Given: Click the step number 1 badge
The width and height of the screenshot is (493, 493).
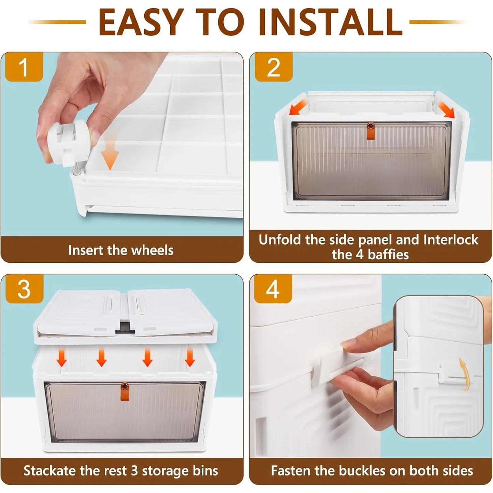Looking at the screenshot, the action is click(x=24, y=67).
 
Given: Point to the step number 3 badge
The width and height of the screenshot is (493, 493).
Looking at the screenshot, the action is click(x=24, y=289).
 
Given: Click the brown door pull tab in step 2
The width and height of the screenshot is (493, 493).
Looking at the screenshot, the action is click(x=370, y=131).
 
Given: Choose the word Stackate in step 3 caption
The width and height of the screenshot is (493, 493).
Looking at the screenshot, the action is click(x=49, y=470).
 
